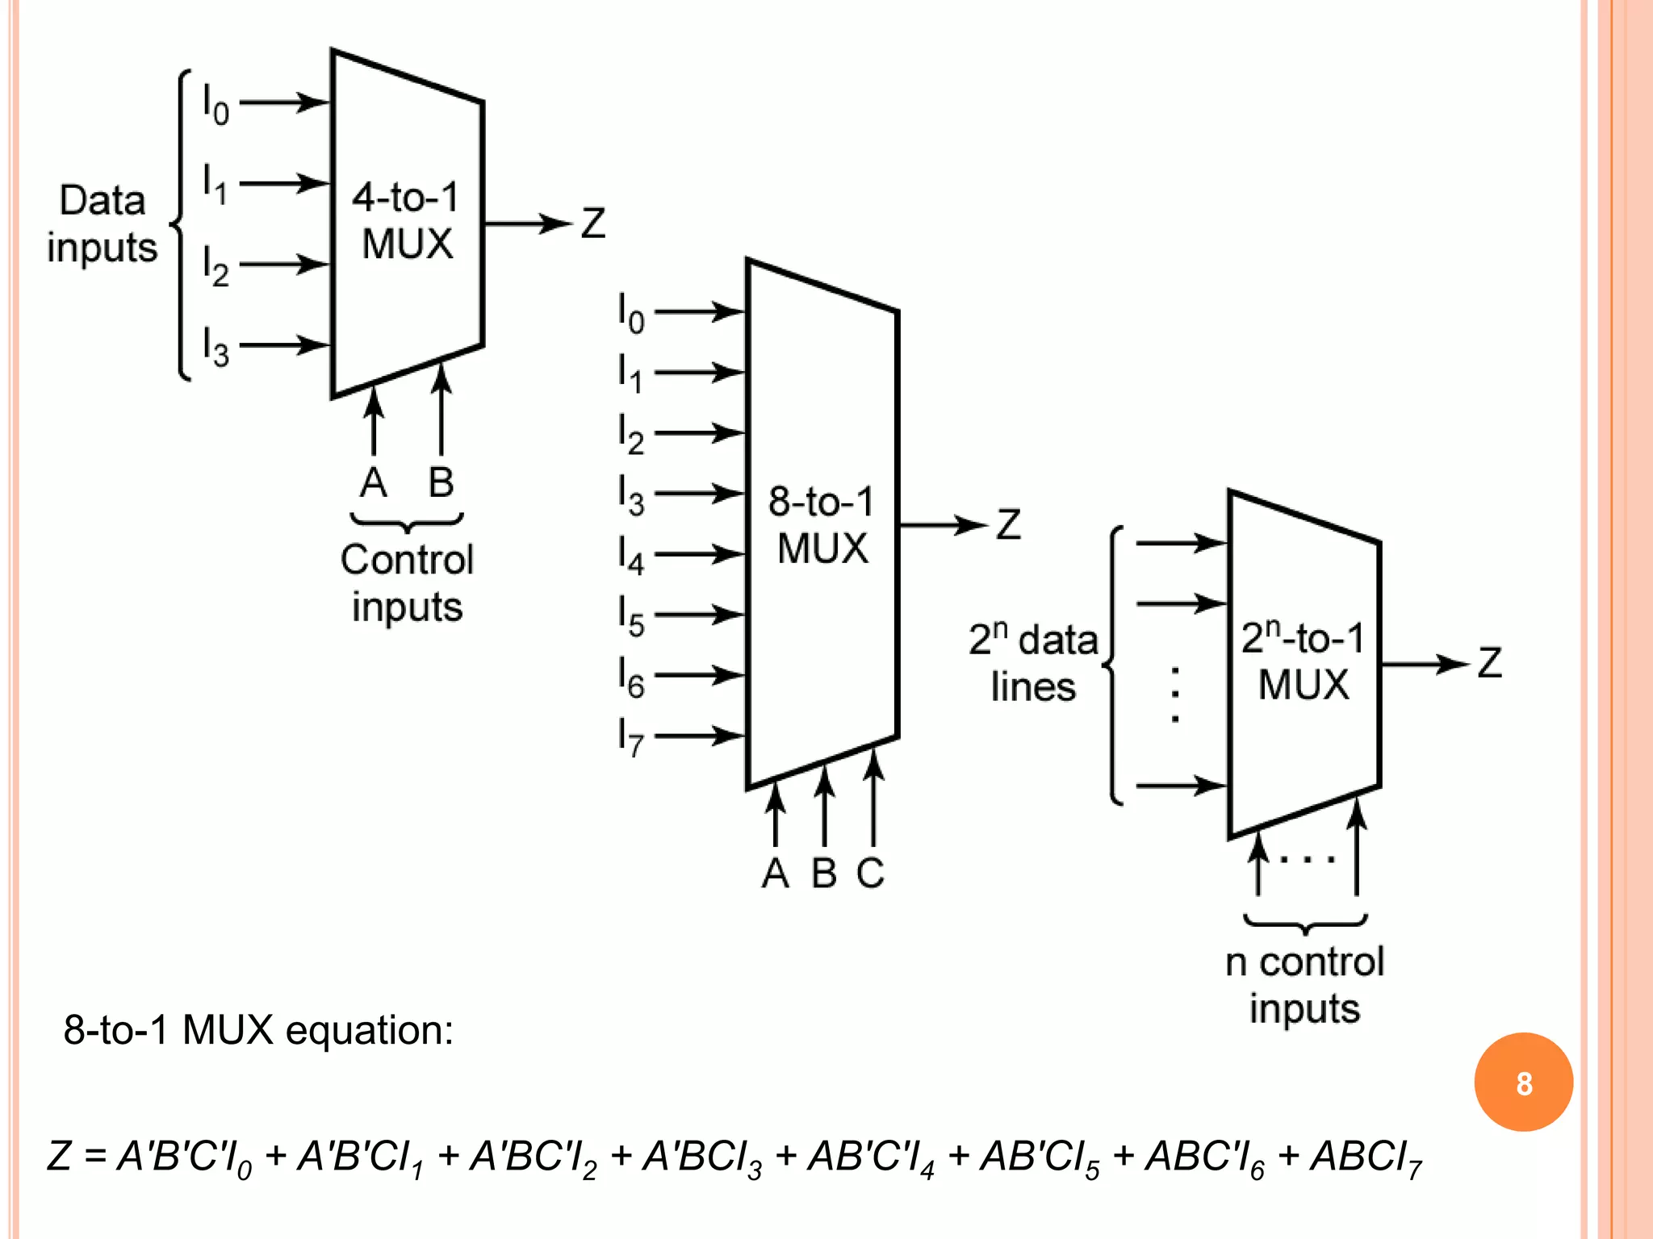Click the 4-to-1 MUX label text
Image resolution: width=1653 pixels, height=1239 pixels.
click(x=406, y=220)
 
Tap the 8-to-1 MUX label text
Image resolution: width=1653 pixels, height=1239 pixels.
click(x=822, y=524)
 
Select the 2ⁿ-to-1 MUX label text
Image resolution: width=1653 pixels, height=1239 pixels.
click(x=1303, y=661)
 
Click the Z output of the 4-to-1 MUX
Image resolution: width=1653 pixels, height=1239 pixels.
click(x=593, y=223)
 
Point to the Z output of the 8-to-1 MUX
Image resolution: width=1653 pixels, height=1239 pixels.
click(x=1009, y=525)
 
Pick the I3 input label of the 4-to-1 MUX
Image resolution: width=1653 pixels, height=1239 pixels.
click(x=216, y=347)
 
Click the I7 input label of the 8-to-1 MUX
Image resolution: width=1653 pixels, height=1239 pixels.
click(x=630, y=737)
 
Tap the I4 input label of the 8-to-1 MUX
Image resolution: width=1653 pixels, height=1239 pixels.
click(x=630, y=556)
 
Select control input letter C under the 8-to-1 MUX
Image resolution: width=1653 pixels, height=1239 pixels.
click(x=870, y=874)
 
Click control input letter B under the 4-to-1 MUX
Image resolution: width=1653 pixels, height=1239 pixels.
click(x=441, y=482)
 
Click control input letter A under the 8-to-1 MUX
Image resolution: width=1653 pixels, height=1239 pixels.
click(x=775, y=874)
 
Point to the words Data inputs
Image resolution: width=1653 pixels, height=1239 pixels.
click(x=102, y=223)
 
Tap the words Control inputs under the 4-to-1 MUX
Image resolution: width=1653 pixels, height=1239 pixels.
click(x=407, y=582)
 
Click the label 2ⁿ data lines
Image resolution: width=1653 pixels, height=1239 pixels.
click(x=1033, y=662)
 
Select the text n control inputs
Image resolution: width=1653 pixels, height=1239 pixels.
click(x=1304, y=984)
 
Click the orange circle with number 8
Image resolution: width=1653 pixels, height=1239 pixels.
click(x=1523, y=1083)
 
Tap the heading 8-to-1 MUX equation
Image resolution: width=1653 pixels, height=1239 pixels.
click(x=258, y=1030)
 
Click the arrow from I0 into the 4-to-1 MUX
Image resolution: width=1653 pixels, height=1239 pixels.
click(x=284, y=102)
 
